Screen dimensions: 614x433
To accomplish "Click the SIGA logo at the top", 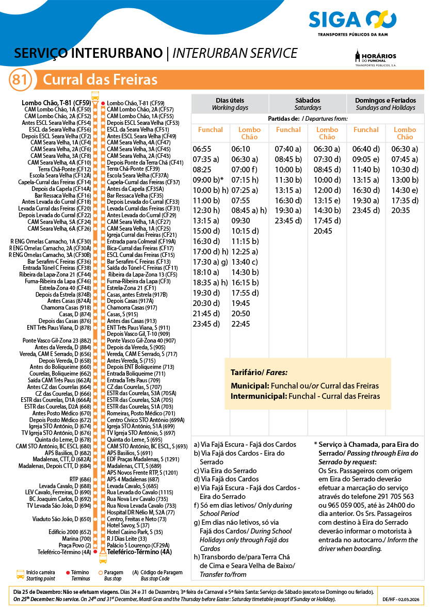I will (352, 21).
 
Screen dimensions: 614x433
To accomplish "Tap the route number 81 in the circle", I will (20, 80).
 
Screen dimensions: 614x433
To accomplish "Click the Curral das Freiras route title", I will (100, 80).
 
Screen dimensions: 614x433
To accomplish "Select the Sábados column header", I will (308, 104).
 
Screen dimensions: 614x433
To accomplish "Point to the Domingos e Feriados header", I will (385, 104).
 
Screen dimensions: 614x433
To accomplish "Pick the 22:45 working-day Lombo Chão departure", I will (241, 324).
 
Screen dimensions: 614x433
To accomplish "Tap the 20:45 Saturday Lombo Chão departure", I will (323, 231).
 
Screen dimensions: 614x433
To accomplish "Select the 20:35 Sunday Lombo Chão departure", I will (400, 211).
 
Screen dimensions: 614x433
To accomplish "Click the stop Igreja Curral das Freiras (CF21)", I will (141, 235).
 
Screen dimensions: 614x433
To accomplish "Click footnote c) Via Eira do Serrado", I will (226, 471).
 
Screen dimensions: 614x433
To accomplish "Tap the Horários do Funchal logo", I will (376, 58).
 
